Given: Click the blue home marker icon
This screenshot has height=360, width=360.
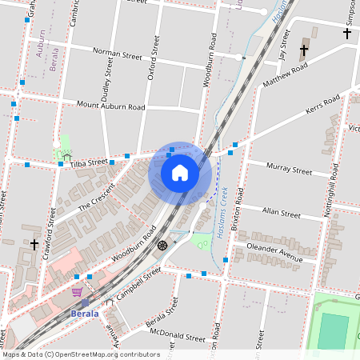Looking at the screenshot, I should click(x=179, y=173).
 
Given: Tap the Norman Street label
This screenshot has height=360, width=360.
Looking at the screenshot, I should click(x=117, y=54).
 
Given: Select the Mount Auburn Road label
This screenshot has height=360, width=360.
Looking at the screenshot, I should click(x=110, y=106).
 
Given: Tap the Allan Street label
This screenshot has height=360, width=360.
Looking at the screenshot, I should click(x=281, y=214).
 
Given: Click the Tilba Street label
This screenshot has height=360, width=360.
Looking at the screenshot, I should click(x=88, y=162).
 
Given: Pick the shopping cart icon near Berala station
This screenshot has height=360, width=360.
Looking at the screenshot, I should click(x=77, y=293).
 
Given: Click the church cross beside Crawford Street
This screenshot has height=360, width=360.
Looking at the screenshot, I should click(x=34, y=243).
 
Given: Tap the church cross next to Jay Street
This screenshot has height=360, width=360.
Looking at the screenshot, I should click(x=303, y=50).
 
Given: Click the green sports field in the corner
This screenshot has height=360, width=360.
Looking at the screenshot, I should click(x=333, y=330).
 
